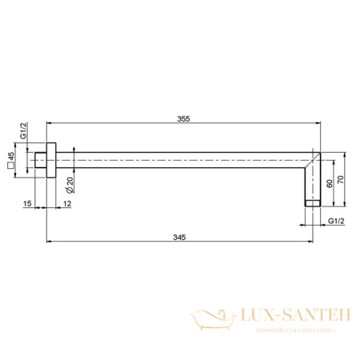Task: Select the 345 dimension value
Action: pos(183,234)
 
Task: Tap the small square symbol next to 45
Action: pos(11,168)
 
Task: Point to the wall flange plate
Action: pos(52,161)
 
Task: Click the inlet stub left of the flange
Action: pos(41,161)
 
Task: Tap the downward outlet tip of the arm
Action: pos(312,202)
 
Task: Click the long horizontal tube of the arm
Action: pos(184,161)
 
